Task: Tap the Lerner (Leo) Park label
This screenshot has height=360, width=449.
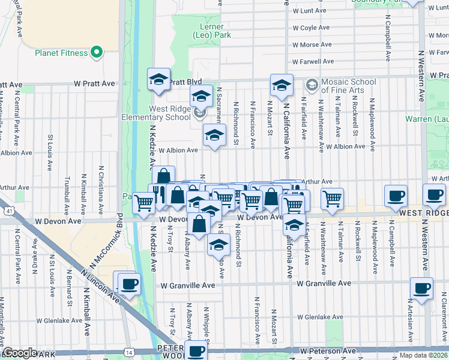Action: pyautogui.click(x=208, y=31)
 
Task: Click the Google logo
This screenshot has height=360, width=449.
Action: pyautogui.click(x=20, y=353)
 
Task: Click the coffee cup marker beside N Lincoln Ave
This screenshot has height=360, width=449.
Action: pyautogui.click(x=128, y=284)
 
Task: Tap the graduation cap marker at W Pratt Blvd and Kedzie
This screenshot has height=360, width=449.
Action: pyautogui.click(x=158, y=80)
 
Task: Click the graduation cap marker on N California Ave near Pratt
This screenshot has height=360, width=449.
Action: pyautogui.click(x=281, y=86)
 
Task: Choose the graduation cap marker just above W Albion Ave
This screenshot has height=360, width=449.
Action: pyautogui.click(x=213, y=136)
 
